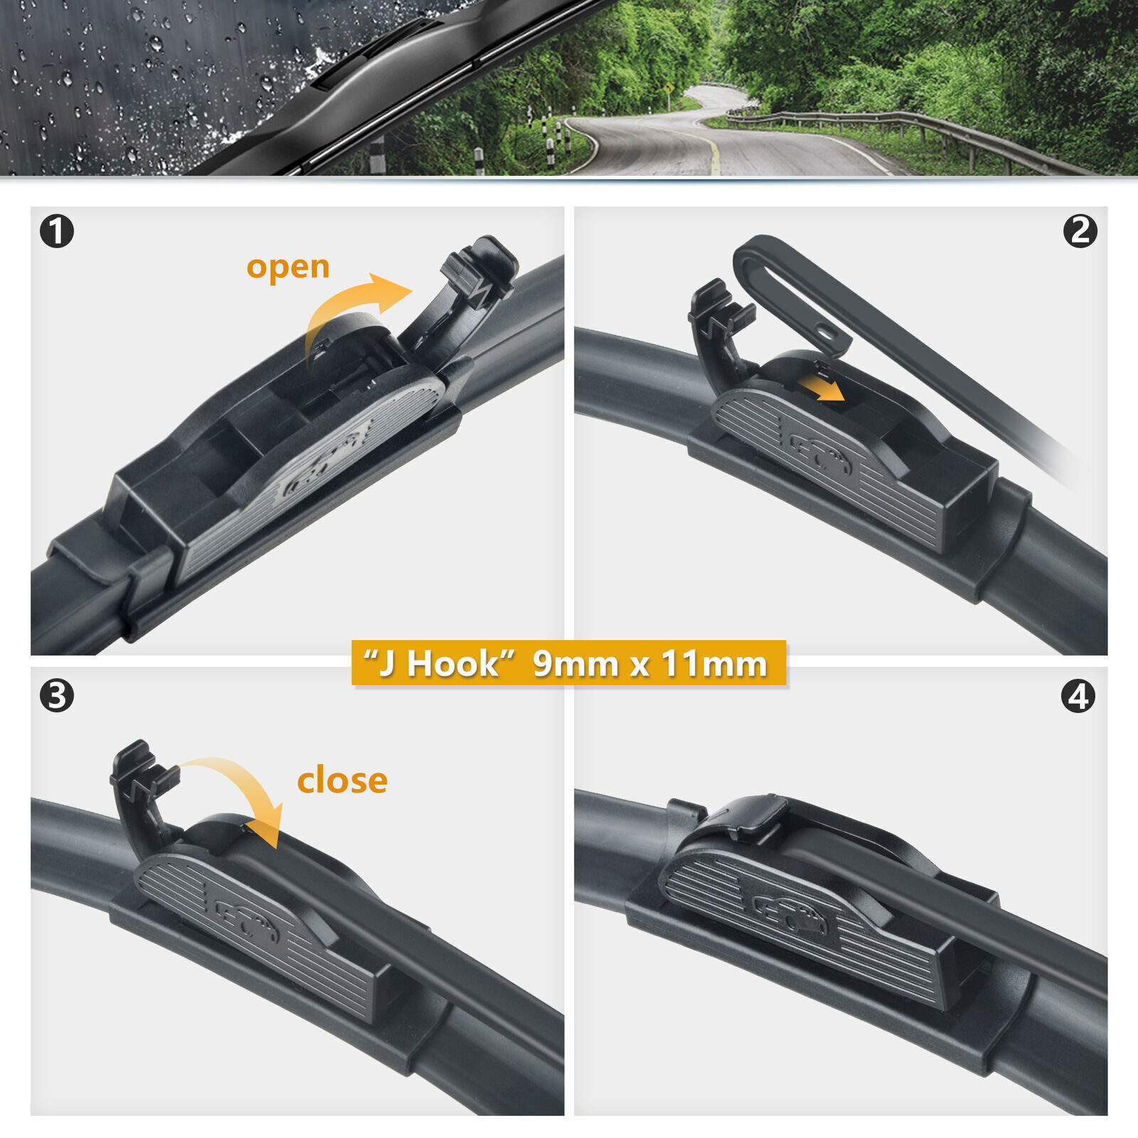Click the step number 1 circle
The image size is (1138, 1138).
point(57,231)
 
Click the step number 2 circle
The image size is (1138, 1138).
point(1080,231)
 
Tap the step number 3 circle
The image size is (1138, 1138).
point(57,696)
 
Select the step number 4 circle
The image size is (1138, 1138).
point(1078,696)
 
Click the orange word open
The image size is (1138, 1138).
point(288,267)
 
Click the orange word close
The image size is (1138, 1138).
point(342,781)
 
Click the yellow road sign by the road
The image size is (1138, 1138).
point(669,89)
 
